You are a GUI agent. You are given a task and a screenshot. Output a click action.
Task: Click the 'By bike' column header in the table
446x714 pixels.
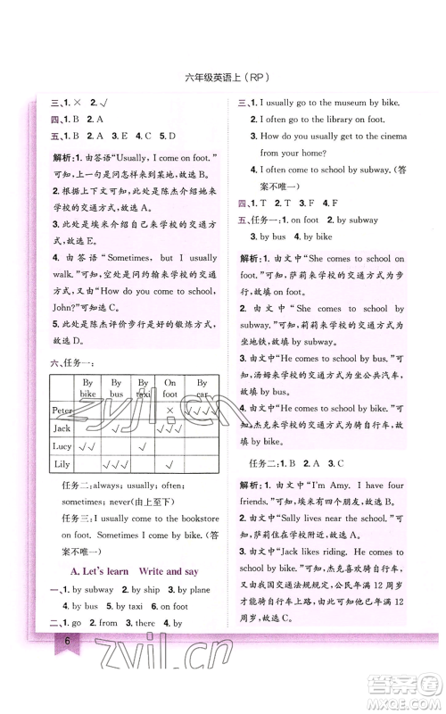pos(87,386)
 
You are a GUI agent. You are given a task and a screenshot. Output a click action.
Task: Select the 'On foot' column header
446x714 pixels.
pos(170,386)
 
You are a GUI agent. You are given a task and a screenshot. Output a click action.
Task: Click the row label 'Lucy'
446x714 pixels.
pos(62,445)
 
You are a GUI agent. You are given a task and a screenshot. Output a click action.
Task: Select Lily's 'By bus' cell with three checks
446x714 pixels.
pos(115,464)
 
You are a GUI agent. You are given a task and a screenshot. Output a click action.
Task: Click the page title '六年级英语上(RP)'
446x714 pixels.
pos(223,77)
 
